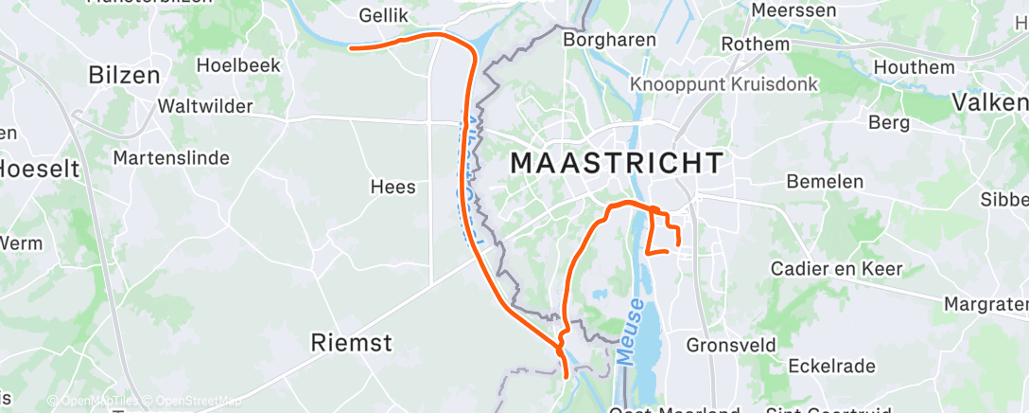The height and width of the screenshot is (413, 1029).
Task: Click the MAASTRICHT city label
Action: point(617,162)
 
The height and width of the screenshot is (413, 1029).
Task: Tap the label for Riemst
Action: point(351,343)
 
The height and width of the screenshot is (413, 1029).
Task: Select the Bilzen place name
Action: point(123,75)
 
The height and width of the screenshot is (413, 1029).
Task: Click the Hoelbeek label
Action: point(235,65)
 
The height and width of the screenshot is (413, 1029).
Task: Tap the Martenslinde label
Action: point(171,157)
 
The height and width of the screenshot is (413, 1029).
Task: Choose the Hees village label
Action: point(392,187)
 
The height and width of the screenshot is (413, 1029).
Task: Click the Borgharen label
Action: point(602,40)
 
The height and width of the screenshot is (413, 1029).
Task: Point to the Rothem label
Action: point(755,45)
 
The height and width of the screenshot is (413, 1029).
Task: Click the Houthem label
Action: point(914,67)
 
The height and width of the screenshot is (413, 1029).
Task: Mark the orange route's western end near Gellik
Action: point(351,46)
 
